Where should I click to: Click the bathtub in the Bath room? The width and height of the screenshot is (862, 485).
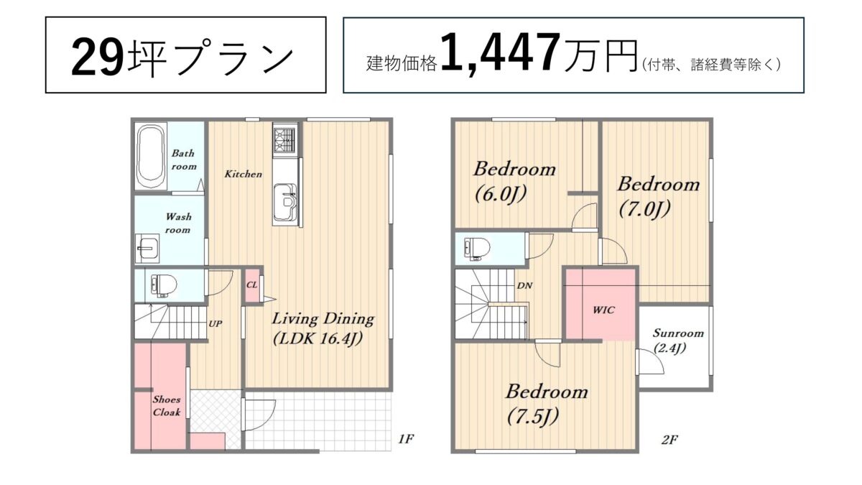point(151,157)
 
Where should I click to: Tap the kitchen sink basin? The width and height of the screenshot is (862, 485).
point(284,202)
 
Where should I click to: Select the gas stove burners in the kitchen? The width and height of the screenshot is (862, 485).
point(284,139)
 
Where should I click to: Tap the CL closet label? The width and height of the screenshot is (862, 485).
point(251,285)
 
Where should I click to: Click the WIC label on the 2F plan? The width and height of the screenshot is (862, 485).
point(603,310)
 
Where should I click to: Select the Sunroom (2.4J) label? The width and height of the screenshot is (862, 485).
point(678,341)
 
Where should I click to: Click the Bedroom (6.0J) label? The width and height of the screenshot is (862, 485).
point(514,182)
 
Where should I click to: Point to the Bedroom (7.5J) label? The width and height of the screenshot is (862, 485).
point(547,404)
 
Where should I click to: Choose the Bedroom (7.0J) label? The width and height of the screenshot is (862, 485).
point(659,197)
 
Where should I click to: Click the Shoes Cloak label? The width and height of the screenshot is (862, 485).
point(167,406)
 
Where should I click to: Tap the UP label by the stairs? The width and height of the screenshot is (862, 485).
point(215,324)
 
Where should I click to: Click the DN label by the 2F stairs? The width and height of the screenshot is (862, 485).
point(524,286)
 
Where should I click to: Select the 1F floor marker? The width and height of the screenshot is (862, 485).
point(406,439)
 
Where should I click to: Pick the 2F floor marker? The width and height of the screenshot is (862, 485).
point(669,440)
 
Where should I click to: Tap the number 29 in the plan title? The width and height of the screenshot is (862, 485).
point(98,56)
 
